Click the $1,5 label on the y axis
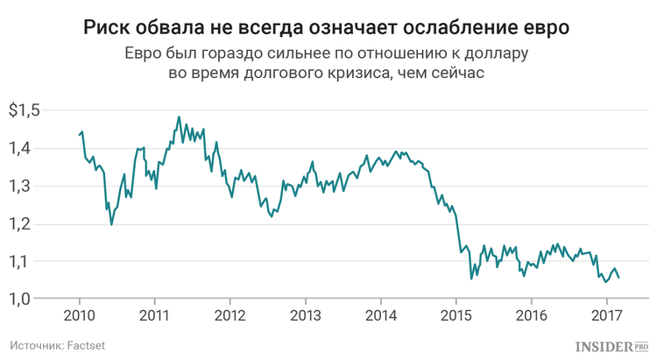(25, 111)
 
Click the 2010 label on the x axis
(79, 316)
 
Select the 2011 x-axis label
(154, 316)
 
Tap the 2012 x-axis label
(230, 316)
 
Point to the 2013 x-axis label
(304, 316)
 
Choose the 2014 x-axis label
(379, 316)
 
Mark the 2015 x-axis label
(455, 316)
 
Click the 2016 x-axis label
(530, 316)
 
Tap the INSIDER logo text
(602, 346)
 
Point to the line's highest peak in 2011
(179, 116)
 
